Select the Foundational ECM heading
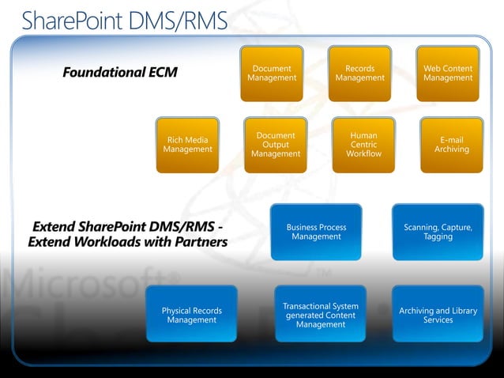(x=120, y=73)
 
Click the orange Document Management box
(x=272, y=74)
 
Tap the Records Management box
(x=359, y=74)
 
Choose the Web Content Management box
(x=448, y=74)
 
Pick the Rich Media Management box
(x=187, y=145)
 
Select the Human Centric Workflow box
(x=363, y=145)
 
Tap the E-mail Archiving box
(x=451, y=145)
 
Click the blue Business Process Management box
(x=316, y=232)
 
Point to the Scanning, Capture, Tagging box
(x=438, y=232)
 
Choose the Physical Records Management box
(x=191, y=315)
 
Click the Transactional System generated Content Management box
(x=320, y=315)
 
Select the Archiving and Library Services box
(x=438, y=315)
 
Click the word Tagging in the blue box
(x=438, y=237)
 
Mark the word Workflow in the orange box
(x=363, y=154)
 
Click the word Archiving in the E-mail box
(x=451, y=149)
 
